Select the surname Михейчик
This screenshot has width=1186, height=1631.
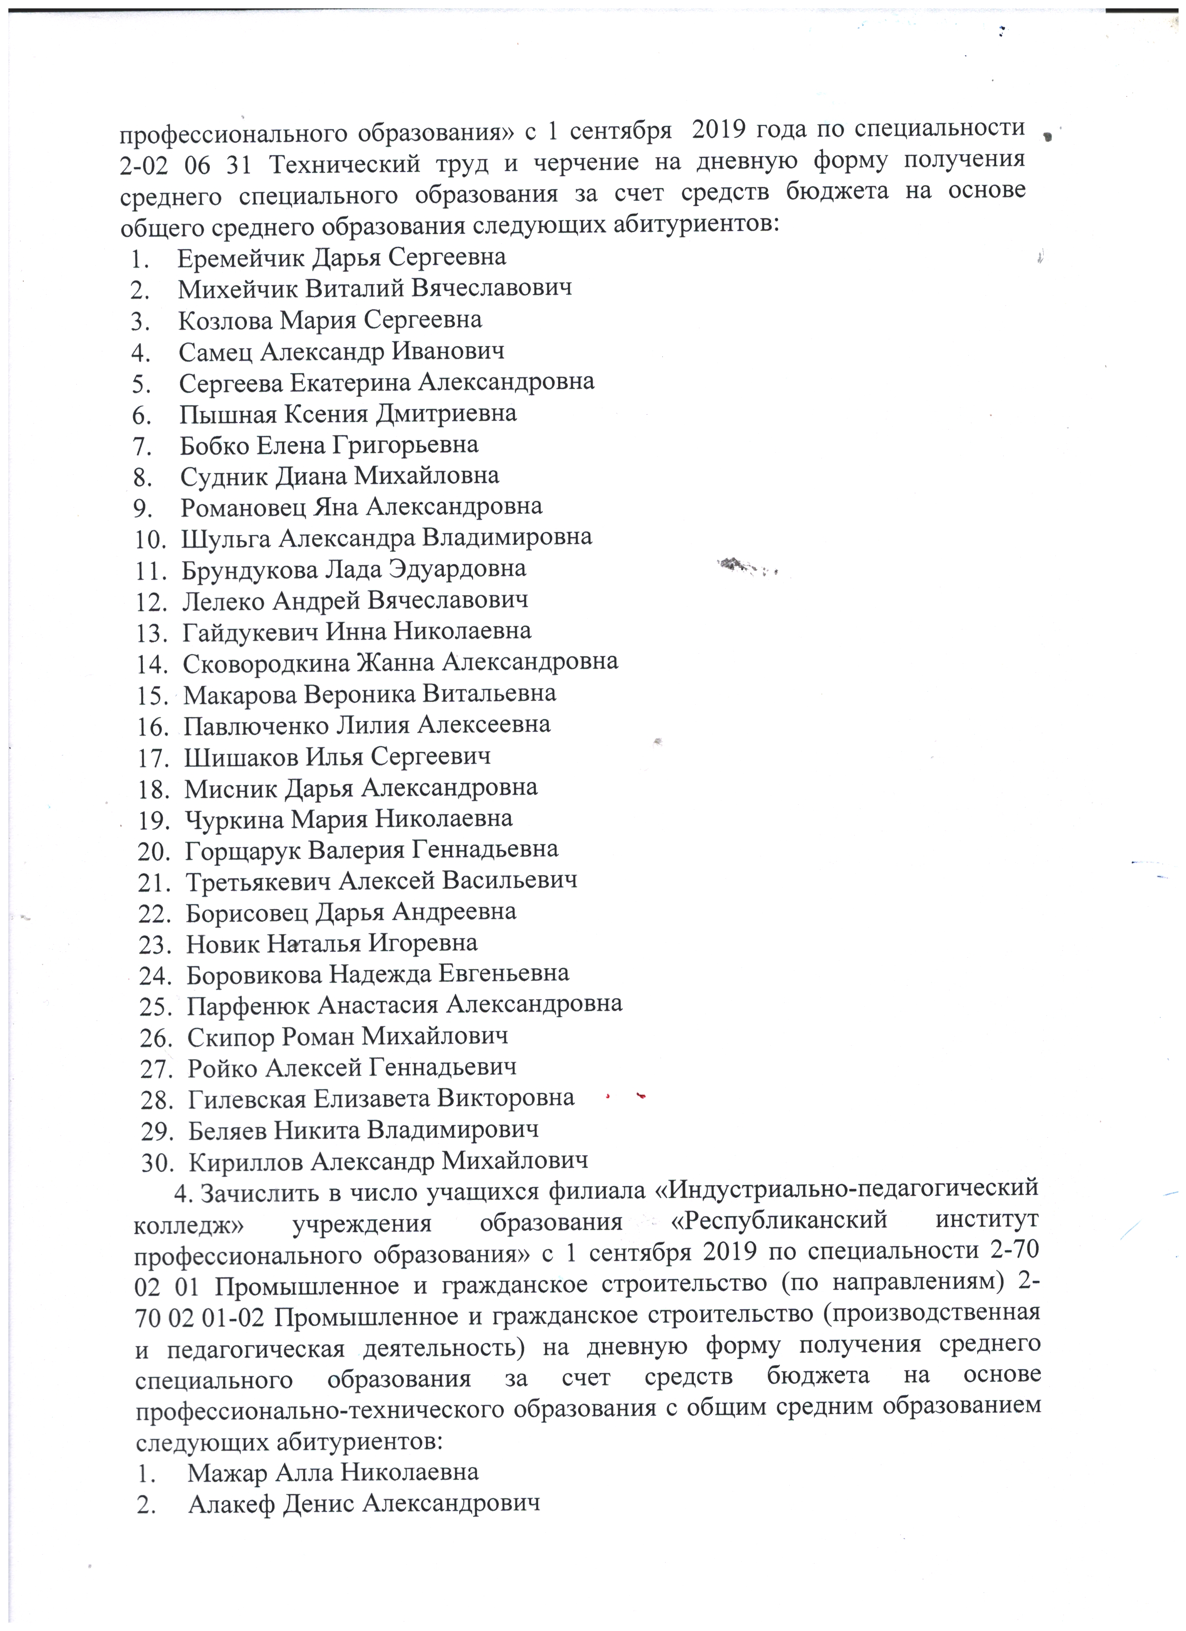point(237,289)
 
